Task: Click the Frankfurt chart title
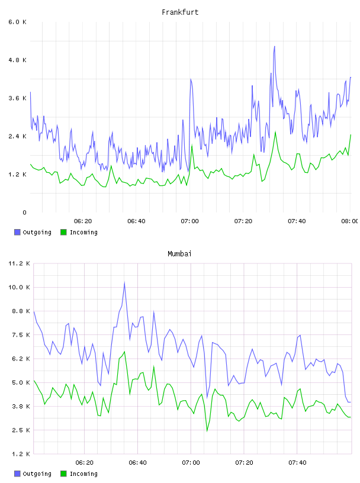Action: (180, 12)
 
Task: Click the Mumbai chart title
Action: (179, 254)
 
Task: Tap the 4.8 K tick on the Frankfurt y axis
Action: (18, 60)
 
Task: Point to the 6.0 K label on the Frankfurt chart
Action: (18, 22)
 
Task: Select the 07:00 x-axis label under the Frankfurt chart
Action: (190, 221)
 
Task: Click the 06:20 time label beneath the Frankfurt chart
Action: (83, 221)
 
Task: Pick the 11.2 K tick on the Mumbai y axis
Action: (20, 263)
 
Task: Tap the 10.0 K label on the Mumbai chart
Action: (20, 287)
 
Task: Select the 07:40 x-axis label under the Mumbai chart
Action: (297, 462)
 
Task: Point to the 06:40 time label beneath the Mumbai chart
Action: (138, 462)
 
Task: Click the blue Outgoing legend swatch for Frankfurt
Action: (17, 232)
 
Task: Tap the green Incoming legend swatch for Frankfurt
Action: (63, 232)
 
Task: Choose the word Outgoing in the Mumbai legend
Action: (37, 474)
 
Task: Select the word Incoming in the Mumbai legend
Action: (83, 474)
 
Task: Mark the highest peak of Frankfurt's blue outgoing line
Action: (274, 47)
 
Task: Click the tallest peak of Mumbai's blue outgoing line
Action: (124, 282)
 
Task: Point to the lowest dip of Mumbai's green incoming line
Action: (207, 431)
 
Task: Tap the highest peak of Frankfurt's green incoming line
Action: (275, 132)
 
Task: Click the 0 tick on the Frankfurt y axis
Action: (24, 212)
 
